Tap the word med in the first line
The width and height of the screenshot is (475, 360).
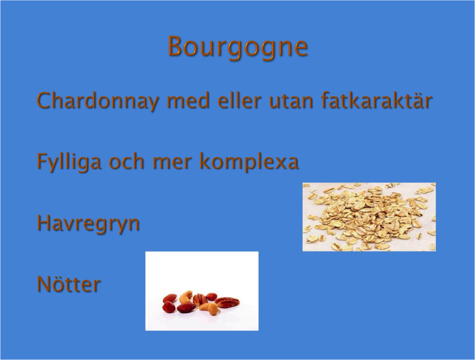coord(188,100)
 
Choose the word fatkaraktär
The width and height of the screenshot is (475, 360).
coord(376,100)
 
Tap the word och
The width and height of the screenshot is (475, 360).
coord(126,161)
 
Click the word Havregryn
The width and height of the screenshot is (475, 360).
coord(88,223)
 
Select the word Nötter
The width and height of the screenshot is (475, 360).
coord(69,284)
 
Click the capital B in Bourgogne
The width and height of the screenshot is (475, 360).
coord(177,46)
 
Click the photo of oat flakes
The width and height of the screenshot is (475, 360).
coord(369,217)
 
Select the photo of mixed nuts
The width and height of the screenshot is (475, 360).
coord(202,291)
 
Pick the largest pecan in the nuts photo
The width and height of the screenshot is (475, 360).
coord(227,302)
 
